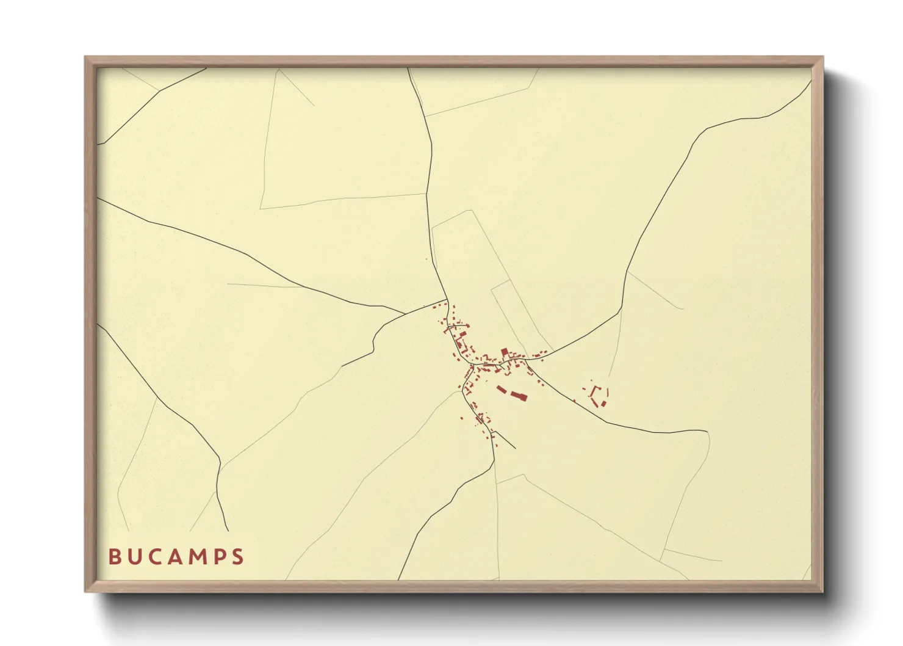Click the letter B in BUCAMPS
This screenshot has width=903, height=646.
click(x=114, y=557)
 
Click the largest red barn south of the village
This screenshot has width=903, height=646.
click(x=519, y=396)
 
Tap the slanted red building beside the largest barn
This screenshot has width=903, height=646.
click(x=502, y=389)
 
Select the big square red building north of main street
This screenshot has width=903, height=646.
click(x=505, y=352)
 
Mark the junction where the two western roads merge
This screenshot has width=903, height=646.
click(x=406, y=314)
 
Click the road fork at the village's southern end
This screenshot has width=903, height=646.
click(x=494, y=431)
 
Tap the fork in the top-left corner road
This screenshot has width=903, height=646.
click(x=159, y=91)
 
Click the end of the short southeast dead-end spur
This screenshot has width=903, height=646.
click(x=516, y=449)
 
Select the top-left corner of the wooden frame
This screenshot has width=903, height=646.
click(x=85, y=57)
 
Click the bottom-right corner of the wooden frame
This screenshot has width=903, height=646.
click(x=822, y=592)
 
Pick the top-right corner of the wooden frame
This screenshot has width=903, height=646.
click(x=822, y=57)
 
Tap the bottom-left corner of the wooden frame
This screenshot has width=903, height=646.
click(x=85, y=592)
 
